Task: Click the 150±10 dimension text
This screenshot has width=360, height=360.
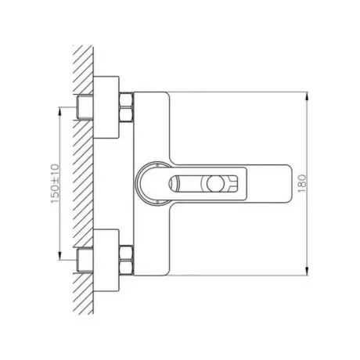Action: (x=55, y=184)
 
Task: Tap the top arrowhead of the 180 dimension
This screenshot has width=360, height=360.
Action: (x=308, y=96)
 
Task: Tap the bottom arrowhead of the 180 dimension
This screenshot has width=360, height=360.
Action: (x=308, y=271)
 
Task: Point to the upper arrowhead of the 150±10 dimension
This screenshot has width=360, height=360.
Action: (x=59, y=112)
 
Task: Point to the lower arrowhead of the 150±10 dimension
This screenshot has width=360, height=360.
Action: (x=59, y=255)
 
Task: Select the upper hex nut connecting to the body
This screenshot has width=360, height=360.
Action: (x=126, y=107)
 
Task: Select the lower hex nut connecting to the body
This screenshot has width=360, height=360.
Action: (x=126, y=260)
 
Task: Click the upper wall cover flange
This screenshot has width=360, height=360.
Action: (x=106, y=107)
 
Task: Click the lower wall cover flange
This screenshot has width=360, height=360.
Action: (x=106, y=260)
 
